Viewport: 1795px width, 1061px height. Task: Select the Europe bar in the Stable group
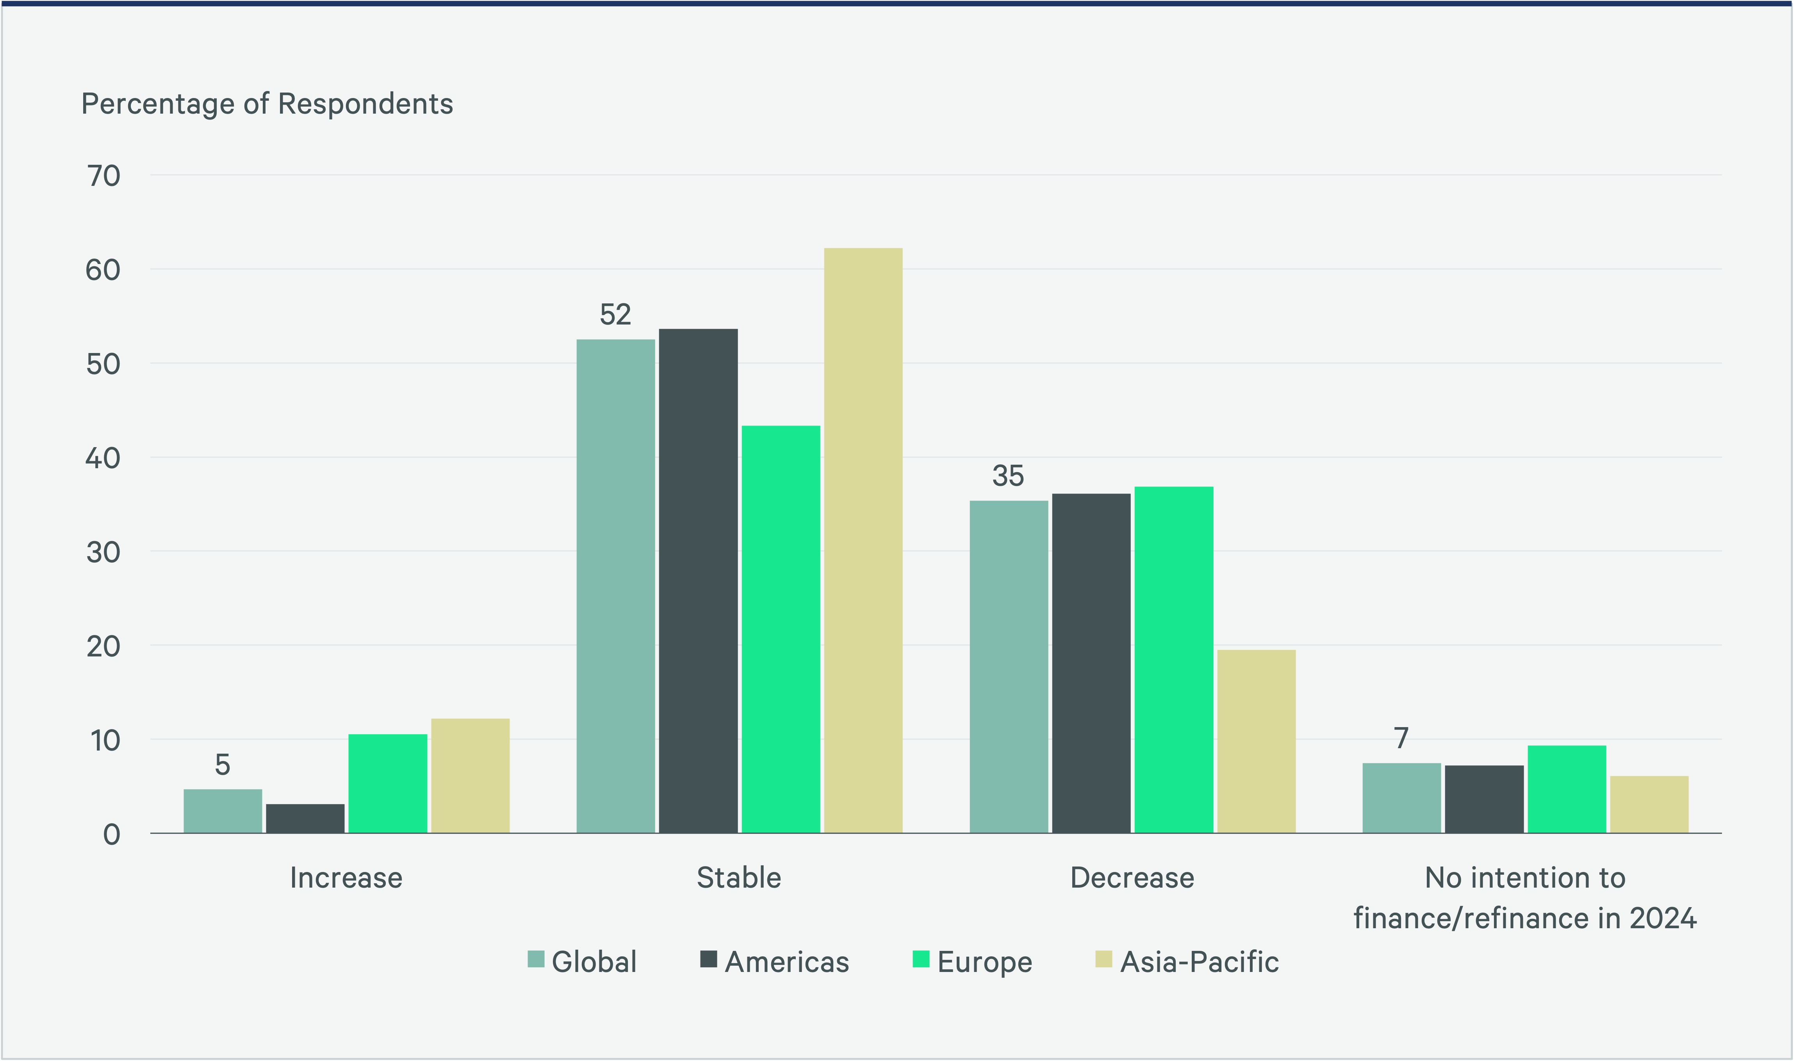pos(781,629)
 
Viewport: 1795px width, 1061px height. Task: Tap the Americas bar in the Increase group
pos(305,818)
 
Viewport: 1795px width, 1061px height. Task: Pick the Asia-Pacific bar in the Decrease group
pos(1256,742)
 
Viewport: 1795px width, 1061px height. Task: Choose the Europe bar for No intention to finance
pos(1566,789)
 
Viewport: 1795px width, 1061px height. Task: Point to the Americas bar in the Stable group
pos(699,581)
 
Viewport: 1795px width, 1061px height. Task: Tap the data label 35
pos(1008,476)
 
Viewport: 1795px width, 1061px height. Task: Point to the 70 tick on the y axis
pos(103,176)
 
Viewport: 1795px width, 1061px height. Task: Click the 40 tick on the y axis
pos(103,458)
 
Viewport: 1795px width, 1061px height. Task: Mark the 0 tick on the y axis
pos(112,835)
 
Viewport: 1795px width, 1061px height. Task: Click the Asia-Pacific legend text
pos(1199,962)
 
